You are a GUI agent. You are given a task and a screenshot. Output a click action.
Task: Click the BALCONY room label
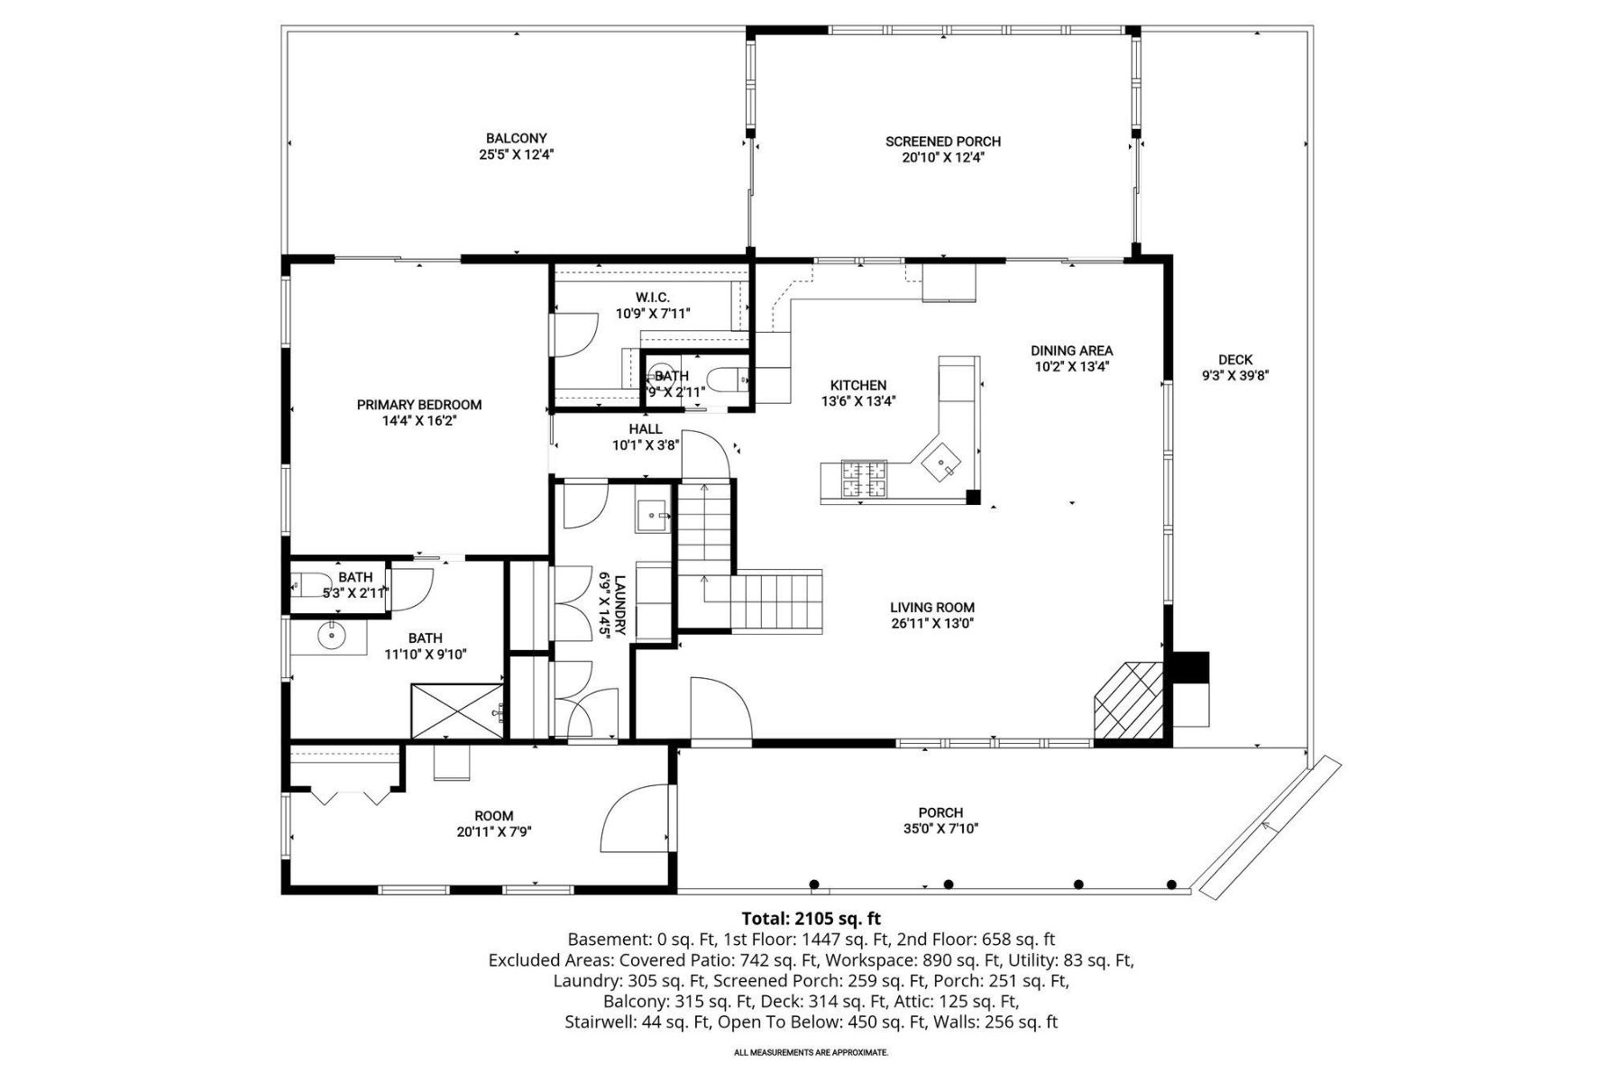coord(516,138)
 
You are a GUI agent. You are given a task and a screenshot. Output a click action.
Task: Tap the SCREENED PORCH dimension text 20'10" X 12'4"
coord(943,157)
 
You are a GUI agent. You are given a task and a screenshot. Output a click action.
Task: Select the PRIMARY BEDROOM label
coord(419,405)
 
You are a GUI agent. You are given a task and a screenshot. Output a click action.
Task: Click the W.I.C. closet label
coord(653,298)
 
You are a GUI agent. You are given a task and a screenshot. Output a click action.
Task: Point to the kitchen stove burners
coord(865,479)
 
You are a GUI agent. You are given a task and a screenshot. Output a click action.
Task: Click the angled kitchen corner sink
coord(942,464)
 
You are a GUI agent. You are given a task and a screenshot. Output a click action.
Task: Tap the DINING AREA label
coord(1071,350)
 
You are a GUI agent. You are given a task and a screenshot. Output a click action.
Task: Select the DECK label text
coord(1234,360)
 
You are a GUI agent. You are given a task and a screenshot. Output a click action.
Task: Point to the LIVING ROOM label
coord(932,607)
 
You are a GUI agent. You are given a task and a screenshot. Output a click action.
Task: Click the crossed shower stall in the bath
coord(457,711)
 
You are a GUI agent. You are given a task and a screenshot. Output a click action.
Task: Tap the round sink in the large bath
coord(333,636)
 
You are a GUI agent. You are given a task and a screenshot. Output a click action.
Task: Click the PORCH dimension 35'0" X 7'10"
coord(940,829)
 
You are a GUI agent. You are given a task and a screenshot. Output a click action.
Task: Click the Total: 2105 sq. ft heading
coord(811,919)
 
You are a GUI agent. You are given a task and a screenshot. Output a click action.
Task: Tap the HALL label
coord(646,429)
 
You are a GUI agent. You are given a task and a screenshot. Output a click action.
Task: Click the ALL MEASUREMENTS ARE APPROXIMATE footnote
coord(811,1052)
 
